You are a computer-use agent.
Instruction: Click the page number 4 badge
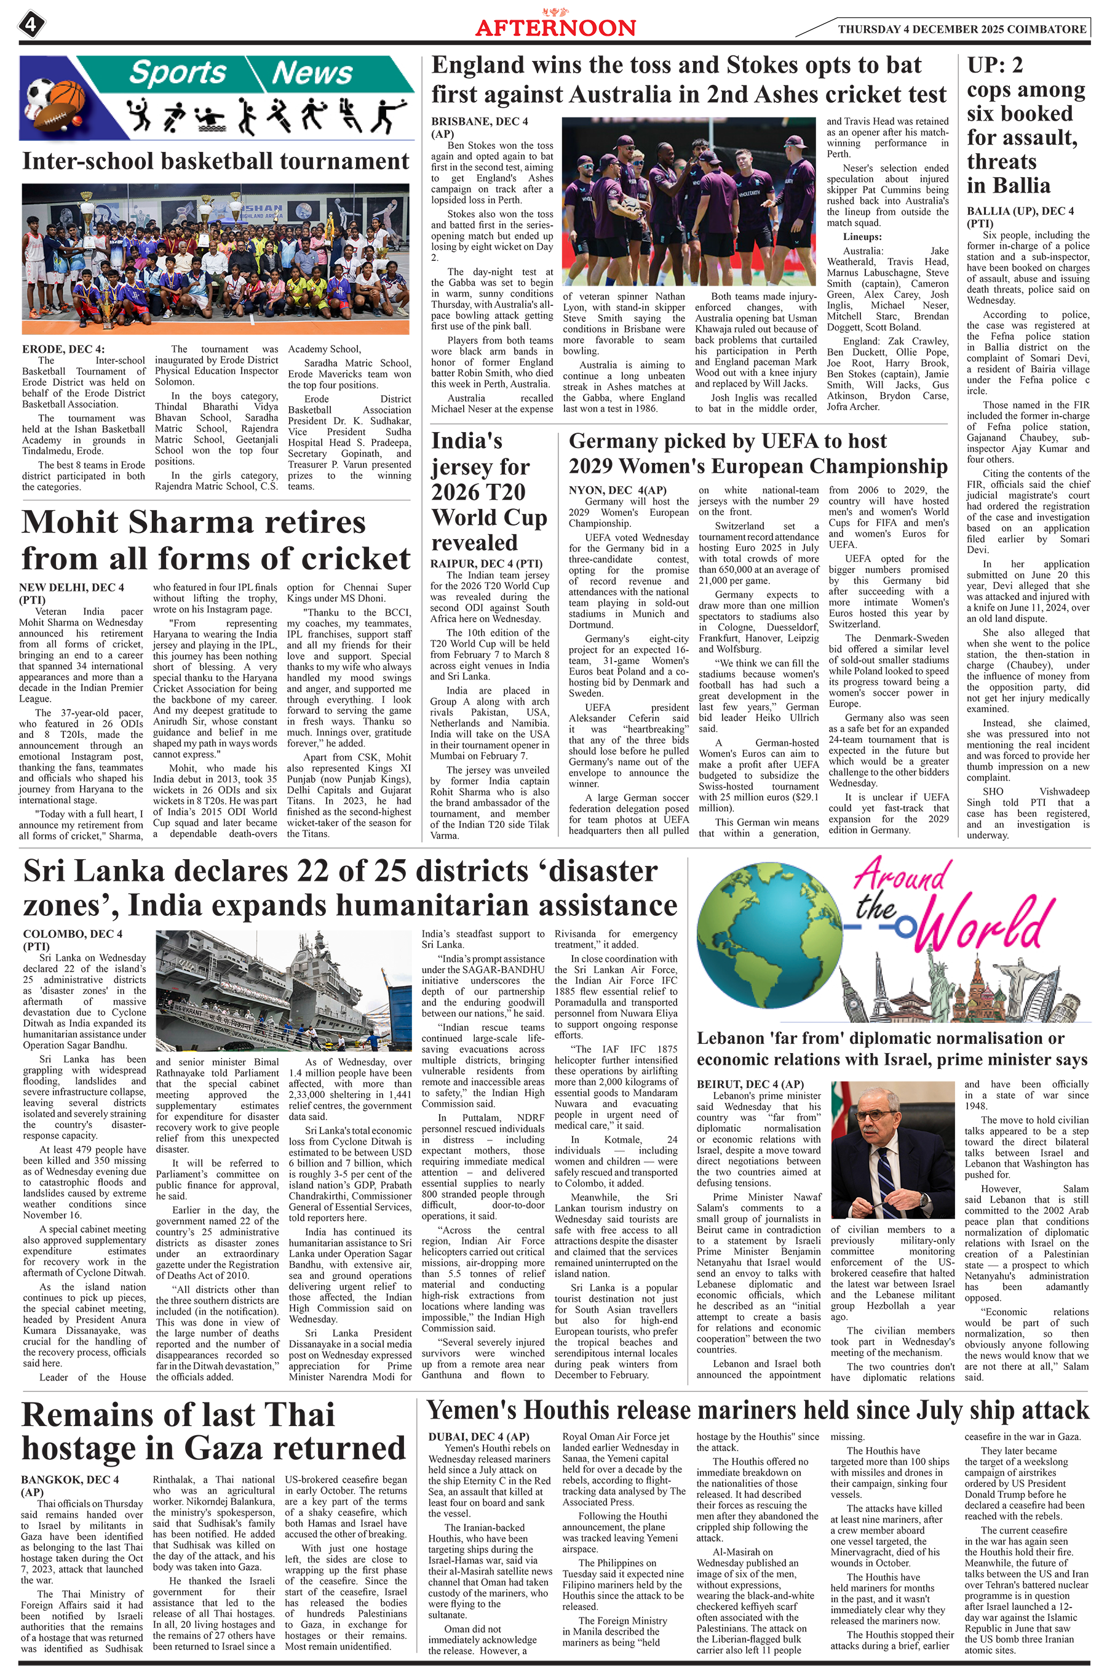31,25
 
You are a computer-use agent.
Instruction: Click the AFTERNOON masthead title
555,28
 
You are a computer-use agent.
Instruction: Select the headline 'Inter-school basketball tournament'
215,161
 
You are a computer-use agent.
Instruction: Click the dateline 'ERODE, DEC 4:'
63,349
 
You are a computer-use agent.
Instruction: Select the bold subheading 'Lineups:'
862,236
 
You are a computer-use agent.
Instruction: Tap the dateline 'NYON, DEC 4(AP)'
617,490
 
